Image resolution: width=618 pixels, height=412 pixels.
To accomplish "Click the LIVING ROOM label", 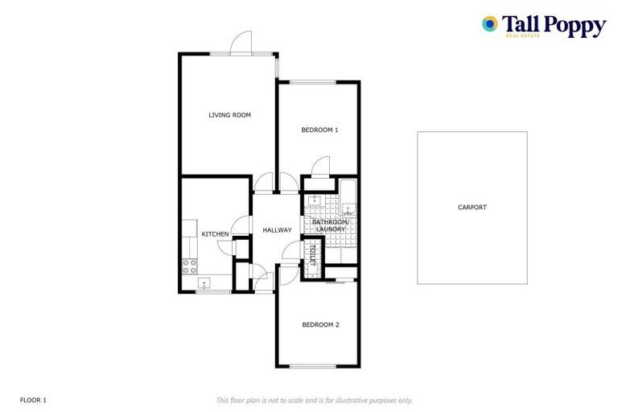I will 229,115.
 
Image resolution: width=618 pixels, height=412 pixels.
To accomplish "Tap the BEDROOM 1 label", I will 319,130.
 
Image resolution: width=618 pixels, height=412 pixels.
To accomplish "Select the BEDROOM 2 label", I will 320,324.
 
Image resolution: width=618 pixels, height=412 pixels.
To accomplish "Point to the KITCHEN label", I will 215,234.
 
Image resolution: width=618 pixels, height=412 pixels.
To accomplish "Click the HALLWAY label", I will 277,230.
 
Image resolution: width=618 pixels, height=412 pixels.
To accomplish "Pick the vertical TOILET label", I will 312,255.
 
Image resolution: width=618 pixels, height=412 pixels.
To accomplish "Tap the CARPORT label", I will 472,207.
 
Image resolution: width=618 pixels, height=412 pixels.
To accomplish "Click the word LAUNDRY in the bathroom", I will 331,229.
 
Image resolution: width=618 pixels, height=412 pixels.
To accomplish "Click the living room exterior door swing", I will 241,42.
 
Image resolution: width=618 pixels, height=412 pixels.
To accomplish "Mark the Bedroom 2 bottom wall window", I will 312,367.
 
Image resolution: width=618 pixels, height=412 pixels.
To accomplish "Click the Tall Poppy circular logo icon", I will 489,24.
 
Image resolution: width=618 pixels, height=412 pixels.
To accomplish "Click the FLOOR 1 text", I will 34,400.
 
